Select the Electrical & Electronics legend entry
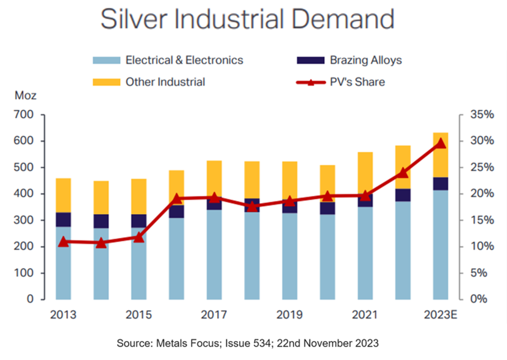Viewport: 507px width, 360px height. coord(184,60)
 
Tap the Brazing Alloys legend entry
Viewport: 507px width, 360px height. coord(365,60)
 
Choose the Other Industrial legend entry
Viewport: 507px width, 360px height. coord(165,82)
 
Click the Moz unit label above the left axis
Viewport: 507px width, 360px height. coord(22,97)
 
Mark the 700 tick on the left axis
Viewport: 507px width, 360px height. coord(22,115)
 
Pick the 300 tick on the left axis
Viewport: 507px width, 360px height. coord(22,220)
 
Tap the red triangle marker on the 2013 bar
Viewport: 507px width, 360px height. coord(63,242)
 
